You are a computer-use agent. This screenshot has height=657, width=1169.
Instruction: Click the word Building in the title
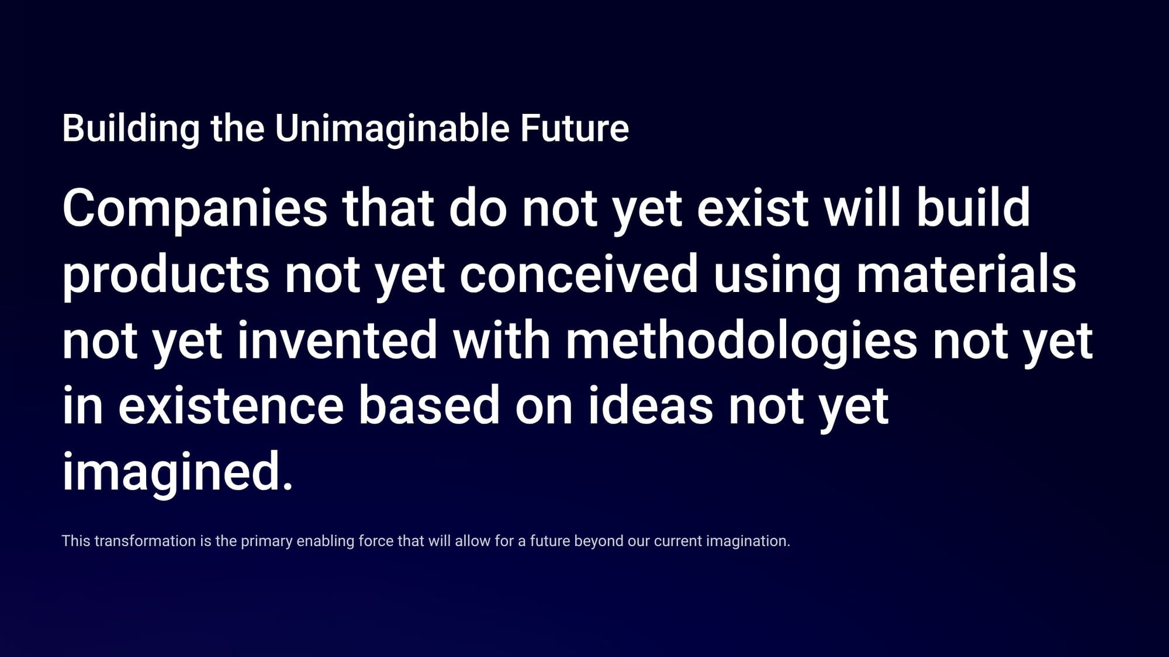click(x=131, y=128)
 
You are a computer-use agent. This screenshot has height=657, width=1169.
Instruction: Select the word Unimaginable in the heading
click(x=392, y=128)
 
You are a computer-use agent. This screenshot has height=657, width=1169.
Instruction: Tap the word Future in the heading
click(x=575, y=128)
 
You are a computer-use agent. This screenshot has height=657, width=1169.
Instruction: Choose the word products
click(x=165, y=276)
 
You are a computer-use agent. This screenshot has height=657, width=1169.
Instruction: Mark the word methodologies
click(x=741, y=342)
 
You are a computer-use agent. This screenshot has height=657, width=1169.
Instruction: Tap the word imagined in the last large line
click(x=169, y=474)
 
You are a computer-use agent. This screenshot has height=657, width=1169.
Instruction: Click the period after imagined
click(x=287, y=486)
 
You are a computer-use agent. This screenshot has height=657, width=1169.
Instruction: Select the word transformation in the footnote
click(x=145, y=541)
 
